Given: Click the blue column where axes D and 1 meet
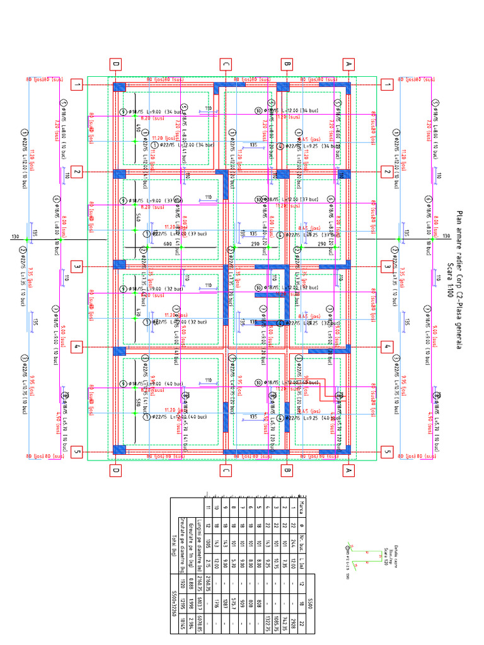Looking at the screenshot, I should (119, 87).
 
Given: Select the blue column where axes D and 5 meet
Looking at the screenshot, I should (119, 449).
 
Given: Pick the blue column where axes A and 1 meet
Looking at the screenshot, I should (343, 87).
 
